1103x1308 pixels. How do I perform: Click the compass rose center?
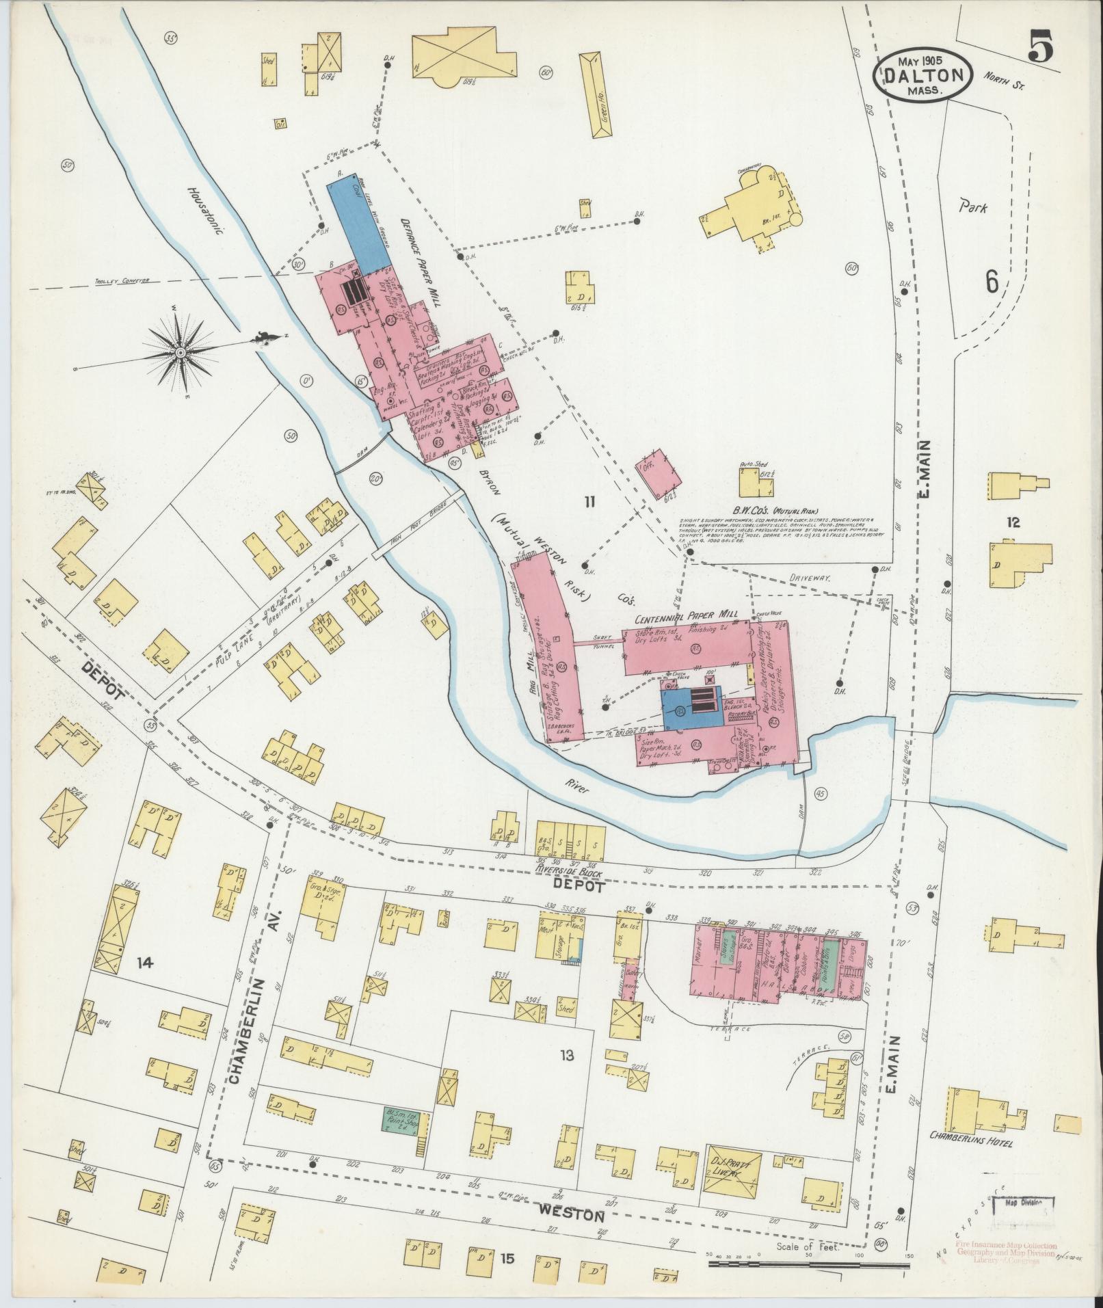[180, 352]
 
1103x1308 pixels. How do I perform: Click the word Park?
[972, 207]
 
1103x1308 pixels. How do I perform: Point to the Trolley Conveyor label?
[124, 280]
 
